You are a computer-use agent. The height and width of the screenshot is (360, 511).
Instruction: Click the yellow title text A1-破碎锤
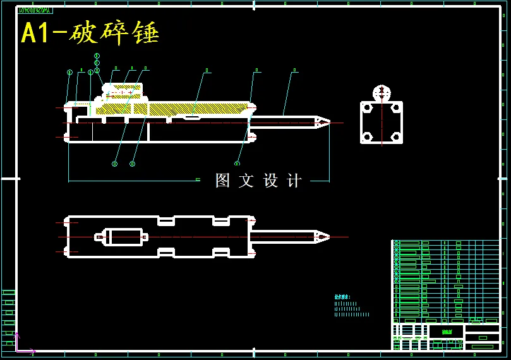click(90, 33)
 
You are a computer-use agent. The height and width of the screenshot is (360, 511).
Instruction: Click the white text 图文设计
click(258, 181)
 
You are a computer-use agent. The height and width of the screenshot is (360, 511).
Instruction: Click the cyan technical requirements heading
click(342, 297)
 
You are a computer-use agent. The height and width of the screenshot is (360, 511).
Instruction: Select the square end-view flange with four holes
click(382, 123)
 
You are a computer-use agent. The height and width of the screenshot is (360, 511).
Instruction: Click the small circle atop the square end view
click(382, 93)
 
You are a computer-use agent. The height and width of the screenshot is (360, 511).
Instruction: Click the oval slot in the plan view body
click(126, 237)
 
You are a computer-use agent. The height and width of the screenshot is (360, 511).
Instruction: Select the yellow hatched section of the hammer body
click(189, 109)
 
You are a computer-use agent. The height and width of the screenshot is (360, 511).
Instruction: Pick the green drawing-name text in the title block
click(447, 332)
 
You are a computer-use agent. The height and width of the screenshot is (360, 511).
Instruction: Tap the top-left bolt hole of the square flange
click(367, 108)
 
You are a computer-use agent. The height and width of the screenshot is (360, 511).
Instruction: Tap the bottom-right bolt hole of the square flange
click(396, 136)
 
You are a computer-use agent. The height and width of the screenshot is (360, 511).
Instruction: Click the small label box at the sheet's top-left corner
click(35, 10)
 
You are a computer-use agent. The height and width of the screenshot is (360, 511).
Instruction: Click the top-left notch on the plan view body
click(166, 220)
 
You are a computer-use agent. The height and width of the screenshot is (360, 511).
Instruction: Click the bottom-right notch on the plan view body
click(221, 253)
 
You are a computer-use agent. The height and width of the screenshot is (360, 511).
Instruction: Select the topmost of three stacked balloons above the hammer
click(97, 56)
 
